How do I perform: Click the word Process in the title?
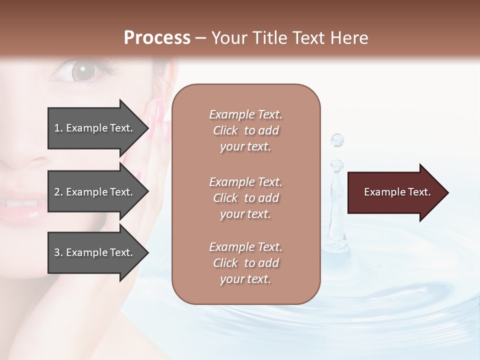pyautogui.click(x=157, y=38)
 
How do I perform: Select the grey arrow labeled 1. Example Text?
pyautogui.click(x=95, y=128)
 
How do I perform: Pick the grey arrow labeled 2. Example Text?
pyautogui.click(x=95, y=192)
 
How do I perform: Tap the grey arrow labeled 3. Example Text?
pyautogui.click(x=95, y=252)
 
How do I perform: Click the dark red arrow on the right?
pyautogui.click(x=395, y=192)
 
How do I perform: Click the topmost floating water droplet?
pyautogui.click(x=337, y=140)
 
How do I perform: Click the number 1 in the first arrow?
pyautogui.click(x=57, y=128)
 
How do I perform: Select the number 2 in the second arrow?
pyautogui.click(x=57, y=192)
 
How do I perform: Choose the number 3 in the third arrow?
pyautogui.click(x=57, y=252)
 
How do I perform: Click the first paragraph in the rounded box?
pyautogui.click(x=245, y=130)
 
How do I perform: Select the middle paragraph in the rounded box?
pyautogui.click(x=245, y=197)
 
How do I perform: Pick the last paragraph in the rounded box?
pyautogui.click(x=245, y=263)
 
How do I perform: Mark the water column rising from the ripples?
pyautogui.click(x=334, y=220)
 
